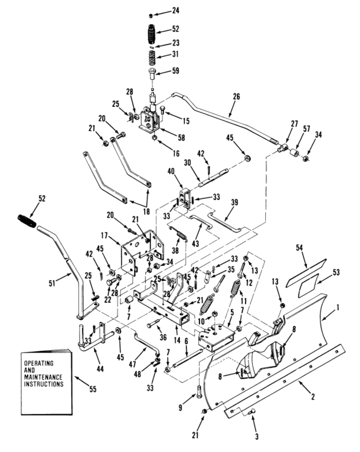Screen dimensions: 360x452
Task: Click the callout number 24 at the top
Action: pos(175,11)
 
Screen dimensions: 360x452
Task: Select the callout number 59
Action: pos(175,71)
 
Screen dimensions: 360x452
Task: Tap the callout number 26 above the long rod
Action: pos(236,96)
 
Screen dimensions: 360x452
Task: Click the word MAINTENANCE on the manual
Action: pos(43,377)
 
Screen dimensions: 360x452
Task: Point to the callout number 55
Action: pos(93,389)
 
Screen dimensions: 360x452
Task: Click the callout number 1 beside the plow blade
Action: pos(337,307)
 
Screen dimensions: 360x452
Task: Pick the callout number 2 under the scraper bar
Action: pos(313,397)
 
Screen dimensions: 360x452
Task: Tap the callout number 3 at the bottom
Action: pos(256,436)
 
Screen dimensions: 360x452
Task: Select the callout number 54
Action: pos(299,247)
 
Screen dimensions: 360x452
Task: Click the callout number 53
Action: pos(336,272)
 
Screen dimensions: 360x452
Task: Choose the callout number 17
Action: pos(104,236)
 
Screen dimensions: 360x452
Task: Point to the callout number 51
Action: pos(52,284)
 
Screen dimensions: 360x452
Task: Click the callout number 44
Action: pos(100,369)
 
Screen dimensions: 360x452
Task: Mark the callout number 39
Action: pos(235,202)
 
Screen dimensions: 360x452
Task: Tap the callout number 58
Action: pos(181,137)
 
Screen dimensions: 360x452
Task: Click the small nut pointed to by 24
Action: pos(151,16)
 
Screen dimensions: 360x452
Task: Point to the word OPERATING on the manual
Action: pos(39,363)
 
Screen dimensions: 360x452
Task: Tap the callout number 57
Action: pos(306,128)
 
